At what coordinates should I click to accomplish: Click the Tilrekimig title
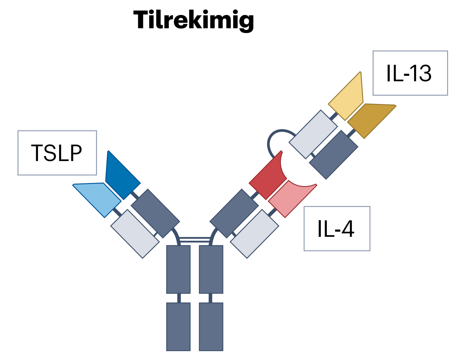click(193, 21)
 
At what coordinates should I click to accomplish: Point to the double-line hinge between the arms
click(195, 240)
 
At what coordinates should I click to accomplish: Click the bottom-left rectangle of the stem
click(179, 327)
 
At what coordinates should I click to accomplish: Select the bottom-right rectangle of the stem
click(211, 327)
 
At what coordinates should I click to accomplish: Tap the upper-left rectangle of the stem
click(179, 270)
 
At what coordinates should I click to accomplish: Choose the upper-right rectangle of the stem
click(211, 270)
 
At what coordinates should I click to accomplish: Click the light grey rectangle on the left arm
click(135, 234)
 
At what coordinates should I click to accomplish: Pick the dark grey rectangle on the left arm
click(156, 214)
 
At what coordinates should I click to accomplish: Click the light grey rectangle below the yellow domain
click(313, 134)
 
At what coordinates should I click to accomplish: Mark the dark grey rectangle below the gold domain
click(334, 155)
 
